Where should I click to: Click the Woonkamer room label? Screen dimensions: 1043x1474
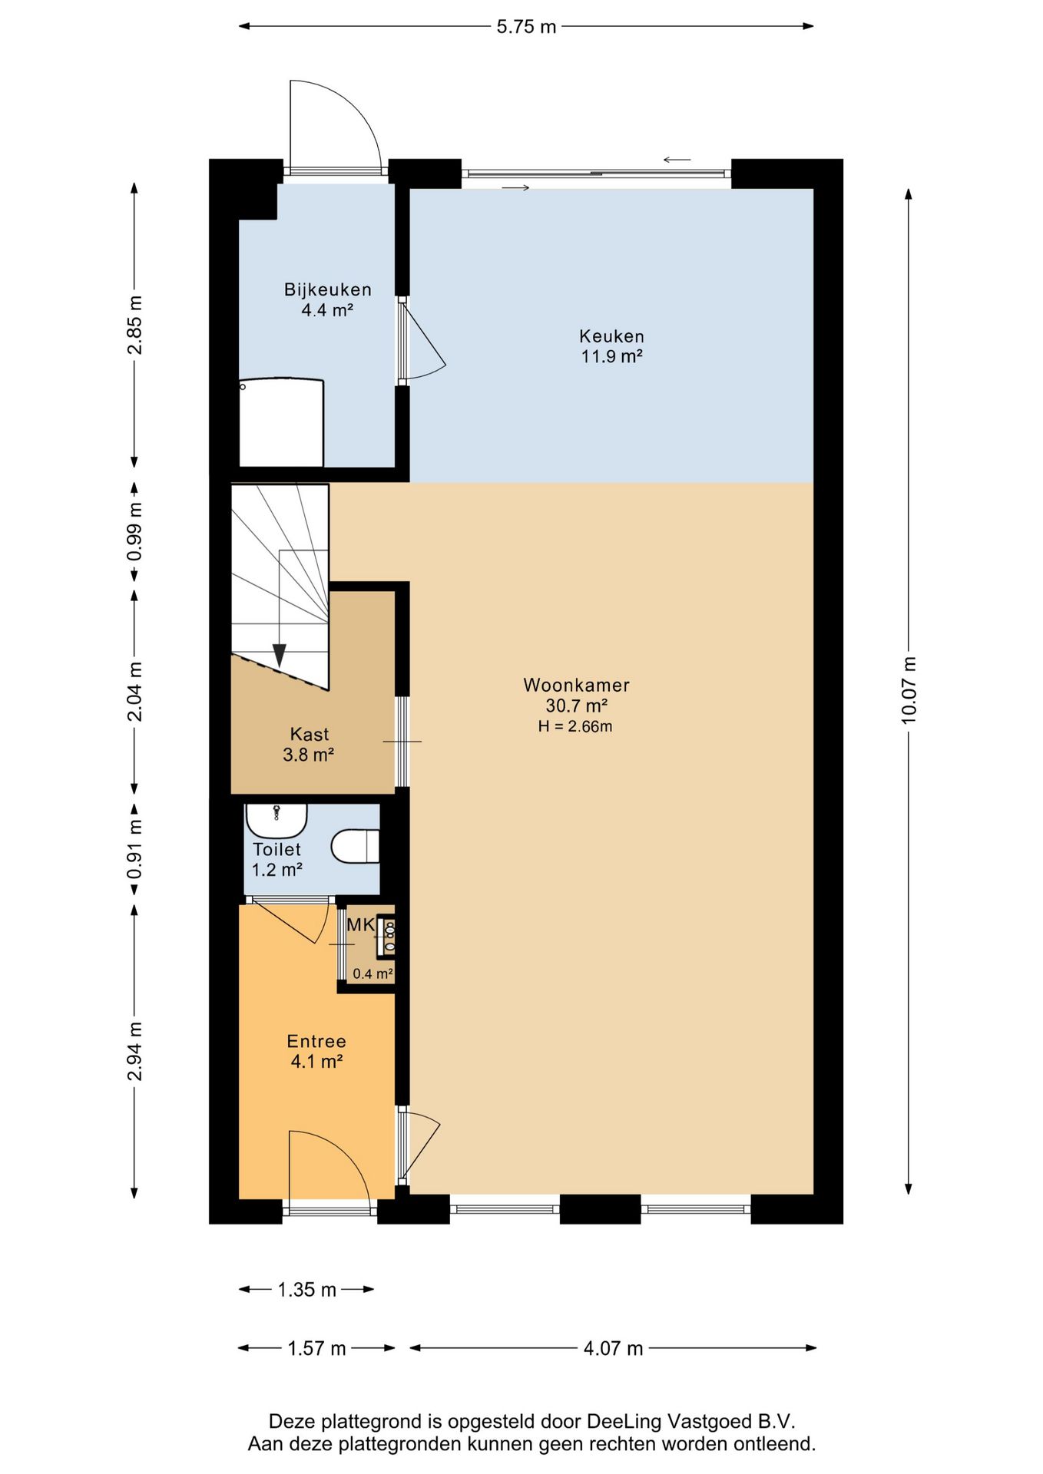576,685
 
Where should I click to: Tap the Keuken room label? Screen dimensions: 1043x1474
611,336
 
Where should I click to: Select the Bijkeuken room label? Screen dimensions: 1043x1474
328,290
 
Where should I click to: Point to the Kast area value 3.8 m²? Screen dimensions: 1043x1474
308,755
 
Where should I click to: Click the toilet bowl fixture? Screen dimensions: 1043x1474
356,846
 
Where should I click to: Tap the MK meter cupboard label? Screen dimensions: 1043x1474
360,925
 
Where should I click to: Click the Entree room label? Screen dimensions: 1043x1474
316,1042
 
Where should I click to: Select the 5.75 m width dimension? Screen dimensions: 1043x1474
526,27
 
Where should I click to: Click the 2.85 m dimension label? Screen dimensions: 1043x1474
135,325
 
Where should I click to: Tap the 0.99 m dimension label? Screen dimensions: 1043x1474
135,531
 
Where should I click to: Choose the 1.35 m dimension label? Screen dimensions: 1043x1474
306,1290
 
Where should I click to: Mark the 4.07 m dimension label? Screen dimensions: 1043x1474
613,1348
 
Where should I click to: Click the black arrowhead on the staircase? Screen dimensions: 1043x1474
280,655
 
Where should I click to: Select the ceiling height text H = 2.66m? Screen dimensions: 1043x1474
575,726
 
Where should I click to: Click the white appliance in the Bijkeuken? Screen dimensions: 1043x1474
281,421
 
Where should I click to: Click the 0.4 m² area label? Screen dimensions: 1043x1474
372,973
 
